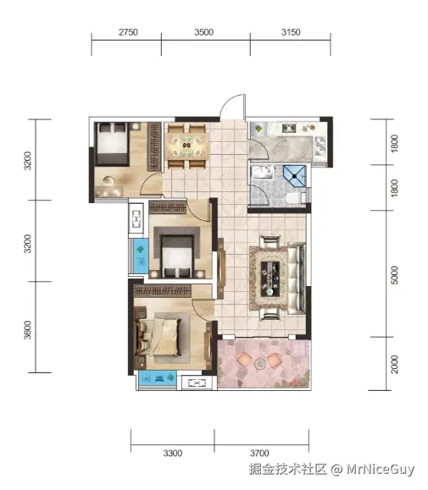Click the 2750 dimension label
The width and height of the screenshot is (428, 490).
click(128, 32)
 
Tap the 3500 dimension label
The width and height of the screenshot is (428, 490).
click(204, 32)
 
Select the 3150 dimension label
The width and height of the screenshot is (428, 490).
click(291, 32)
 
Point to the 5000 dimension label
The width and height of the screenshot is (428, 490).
click(395, 275)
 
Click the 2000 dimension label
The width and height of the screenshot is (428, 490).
click(395, 364)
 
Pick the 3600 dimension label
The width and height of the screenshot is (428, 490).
click(27, 330)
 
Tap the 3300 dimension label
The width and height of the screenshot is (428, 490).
click(173, 453)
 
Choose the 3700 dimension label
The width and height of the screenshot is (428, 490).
click(259, 453)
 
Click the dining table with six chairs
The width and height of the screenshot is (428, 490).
click(187, 146)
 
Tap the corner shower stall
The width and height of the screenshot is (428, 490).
click(294, 176)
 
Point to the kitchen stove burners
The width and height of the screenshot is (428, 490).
click(289, 128)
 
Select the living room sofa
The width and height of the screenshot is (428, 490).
click(297, 278)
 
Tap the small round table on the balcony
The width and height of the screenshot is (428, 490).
click(259, 363)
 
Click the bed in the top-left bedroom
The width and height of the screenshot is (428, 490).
click(112, 144)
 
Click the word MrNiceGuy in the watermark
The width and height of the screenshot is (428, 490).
click(381, 470)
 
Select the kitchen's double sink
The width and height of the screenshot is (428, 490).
click(320, 146)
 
